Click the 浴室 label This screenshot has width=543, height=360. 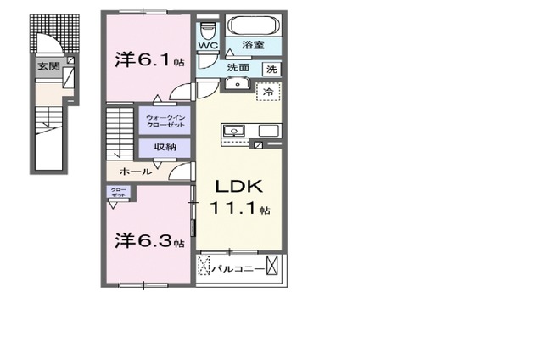point(252,45)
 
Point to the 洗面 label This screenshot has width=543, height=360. point(237,67)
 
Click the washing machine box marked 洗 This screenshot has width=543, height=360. point(271,68)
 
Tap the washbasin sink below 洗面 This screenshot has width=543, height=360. point(236,84)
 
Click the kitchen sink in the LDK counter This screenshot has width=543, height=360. point(232,131)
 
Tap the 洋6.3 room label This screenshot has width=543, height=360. point(148,242)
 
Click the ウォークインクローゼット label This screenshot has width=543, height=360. point(165,121)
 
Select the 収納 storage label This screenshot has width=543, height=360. point(165,147)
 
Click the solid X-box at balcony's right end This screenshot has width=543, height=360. point(271,267)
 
